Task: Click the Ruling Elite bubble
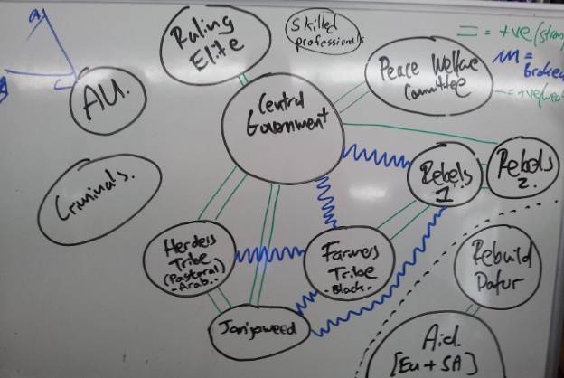click(x=213, y=43)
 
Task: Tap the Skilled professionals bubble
click(x=324, y=33)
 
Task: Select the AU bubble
click(x=108, y=99)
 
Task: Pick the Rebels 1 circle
click(x=443, y=177)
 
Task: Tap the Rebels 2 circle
click(x=521, y=168)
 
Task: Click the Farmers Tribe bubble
click(x=346, y=260)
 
